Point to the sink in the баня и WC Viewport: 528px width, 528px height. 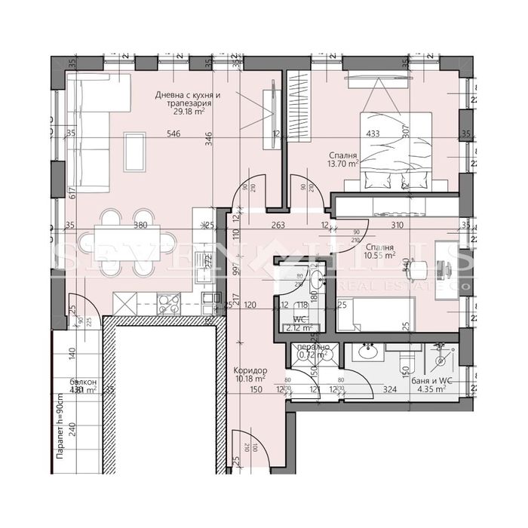[x=369, y=352]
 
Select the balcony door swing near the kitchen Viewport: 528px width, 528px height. [x=80, y=309]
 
